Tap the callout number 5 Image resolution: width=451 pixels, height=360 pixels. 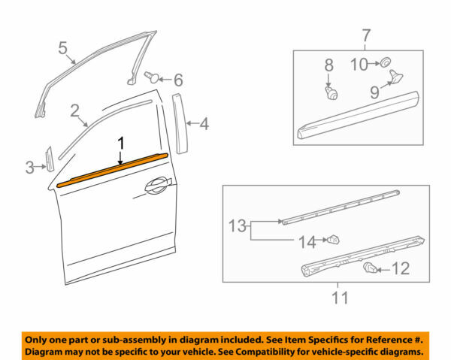pyautogui.click(x=63, y=49)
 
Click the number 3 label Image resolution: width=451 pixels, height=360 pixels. pyautogui.click(x=29, y=166)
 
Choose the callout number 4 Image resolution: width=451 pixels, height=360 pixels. pyautogui.click(x=204, y=124)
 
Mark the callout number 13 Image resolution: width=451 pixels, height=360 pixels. pyautogui.click(x=237, y=223)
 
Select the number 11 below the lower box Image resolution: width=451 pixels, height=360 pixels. pyautogui.click(x=340, y=299)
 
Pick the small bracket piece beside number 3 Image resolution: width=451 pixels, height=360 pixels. pyautogui.click(x=48, y=159)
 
